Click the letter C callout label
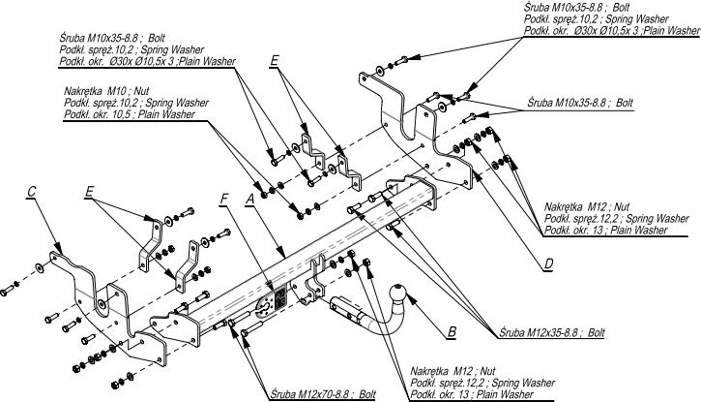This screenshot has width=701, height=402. tap(31, 192)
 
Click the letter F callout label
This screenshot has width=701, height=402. tap(224, 200)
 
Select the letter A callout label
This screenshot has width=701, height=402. tap(249, 200)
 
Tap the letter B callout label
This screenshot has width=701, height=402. tap(452, 331)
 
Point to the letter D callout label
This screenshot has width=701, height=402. tap(549, 264)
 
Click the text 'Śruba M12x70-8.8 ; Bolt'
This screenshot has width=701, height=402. tap(323, 394)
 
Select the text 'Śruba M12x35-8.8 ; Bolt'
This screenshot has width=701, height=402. tap(552, 332)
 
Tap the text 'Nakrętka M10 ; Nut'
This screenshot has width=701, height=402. tap(106, 91)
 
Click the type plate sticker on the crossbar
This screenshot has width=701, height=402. tap(279, 297)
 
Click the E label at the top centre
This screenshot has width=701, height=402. tap(274, 61)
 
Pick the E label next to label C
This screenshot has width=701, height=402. tap(89, 192)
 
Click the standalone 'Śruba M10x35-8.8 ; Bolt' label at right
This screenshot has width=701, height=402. tap(580, 103)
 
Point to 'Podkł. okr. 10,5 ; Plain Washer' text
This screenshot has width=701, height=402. tap(130, 114)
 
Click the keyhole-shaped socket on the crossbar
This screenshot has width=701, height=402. tap(263, 308)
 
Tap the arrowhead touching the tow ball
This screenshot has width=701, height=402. tap(412, 300)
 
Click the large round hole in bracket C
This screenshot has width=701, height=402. tap(102, 304)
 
